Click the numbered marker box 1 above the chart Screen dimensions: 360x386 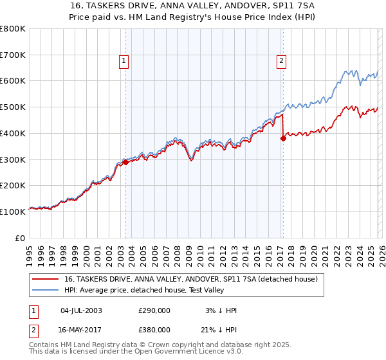[123, 62]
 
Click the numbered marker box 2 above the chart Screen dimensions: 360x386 [282, 62]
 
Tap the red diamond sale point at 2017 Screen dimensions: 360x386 [282, 138]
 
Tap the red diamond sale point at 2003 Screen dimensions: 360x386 [125, 162]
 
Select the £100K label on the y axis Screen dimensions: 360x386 [13, 212]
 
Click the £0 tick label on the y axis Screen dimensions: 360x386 [19, 238]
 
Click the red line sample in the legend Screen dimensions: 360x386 [45, 280]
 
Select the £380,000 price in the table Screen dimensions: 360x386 [154, 329]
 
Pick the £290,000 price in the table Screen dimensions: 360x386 [154, 310]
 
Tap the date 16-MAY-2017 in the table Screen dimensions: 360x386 [81, 329]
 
